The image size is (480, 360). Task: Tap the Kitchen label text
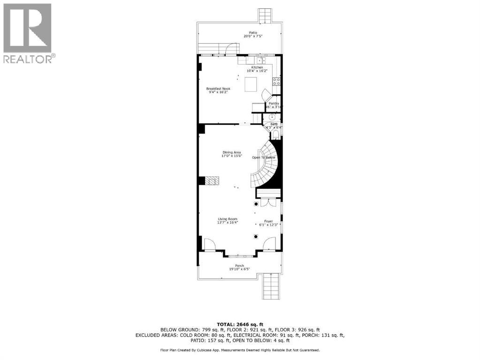(x=257, y=69)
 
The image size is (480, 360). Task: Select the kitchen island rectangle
(x=251, y=84)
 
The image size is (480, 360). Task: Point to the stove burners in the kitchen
(x=277, y=82)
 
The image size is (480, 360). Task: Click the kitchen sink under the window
(x=259, y=60)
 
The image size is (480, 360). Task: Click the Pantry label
(x=274, y=105)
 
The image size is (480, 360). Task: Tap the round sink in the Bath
(x=272, y=119)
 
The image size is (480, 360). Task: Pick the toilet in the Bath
(x=275, y=135)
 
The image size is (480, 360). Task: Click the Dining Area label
(x=231, y=154)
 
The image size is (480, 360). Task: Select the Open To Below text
(x=264, y=157)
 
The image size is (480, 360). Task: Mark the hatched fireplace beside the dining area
(x=213, y=181)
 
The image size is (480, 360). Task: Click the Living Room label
(x=228, y=220)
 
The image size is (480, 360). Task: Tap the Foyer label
(x=268, y=222)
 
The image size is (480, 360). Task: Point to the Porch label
(x=240, y=267)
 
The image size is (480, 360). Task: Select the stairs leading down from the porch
(x=272, y=286)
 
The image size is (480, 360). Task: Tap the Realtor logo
(x=28, y=33)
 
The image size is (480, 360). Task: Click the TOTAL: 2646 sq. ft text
(x=239, y=324)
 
